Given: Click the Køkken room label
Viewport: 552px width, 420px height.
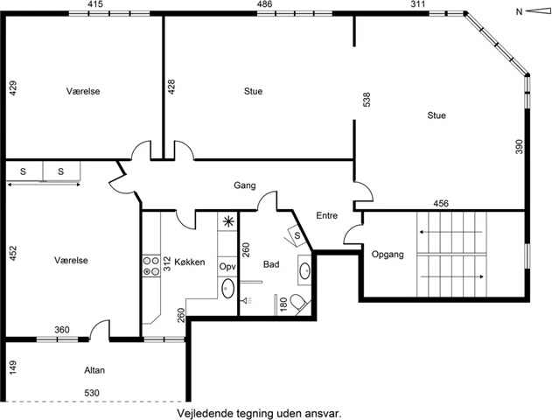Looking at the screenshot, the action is click(x=190, y=262).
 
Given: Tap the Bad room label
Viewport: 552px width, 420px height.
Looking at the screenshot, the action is click(x=271, y=264).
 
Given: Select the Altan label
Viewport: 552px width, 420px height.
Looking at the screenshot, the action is click(x=94, y=370).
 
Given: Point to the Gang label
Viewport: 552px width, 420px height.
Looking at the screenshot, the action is click(x=245, y=185).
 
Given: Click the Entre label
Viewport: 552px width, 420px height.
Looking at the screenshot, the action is click(x=326, y=215).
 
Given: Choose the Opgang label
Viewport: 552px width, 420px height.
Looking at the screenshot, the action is click(x=388, y=255).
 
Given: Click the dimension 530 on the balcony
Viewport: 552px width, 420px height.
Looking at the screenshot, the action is click(x=92, y=393).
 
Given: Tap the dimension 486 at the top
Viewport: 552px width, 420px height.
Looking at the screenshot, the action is click(x=264, y=4).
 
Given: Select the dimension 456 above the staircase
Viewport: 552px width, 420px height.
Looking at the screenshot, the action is click(x=441, y=204).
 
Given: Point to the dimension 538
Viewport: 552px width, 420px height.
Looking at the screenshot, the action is click(x=367, y=100).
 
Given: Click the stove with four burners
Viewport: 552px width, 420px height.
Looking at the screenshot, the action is click(x=151, y=266).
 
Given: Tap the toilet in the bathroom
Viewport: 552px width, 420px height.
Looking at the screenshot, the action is click(x=297, y=303).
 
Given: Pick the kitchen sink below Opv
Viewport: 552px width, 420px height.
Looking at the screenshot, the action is click(x=227, y=289).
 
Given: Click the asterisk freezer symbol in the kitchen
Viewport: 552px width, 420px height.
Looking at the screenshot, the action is click(x=228, y=221).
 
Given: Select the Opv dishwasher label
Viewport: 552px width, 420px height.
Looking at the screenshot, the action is click(x=227, y=267).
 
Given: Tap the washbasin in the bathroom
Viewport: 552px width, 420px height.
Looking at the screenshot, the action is click(x=304, y=270).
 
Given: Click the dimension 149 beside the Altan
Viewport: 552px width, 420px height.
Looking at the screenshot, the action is click(x=12, y=367).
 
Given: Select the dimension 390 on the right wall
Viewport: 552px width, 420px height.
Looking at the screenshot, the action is click(x=520, y=146).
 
